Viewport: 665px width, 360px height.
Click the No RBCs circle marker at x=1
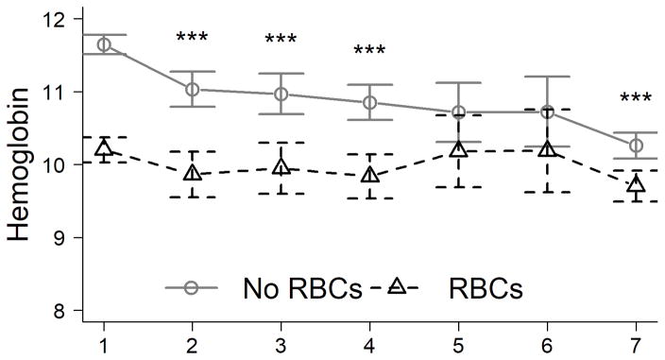[104, 44]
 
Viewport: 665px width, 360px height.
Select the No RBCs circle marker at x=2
[193, 89]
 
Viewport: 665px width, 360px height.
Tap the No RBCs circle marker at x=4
[369, 102]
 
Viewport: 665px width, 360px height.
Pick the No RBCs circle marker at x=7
[636, 146]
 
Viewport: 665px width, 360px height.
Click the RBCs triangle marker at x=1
[104, 148]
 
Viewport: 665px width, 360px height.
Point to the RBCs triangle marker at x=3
[281, 167]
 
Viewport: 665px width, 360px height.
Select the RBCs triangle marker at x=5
[458, 149]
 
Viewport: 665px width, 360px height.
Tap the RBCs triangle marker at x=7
[636, 184]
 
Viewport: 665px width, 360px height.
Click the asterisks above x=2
[193, 39]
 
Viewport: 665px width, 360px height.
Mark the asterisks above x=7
[636, 98]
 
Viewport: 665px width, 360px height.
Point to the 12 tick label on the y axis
[57, 20]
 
